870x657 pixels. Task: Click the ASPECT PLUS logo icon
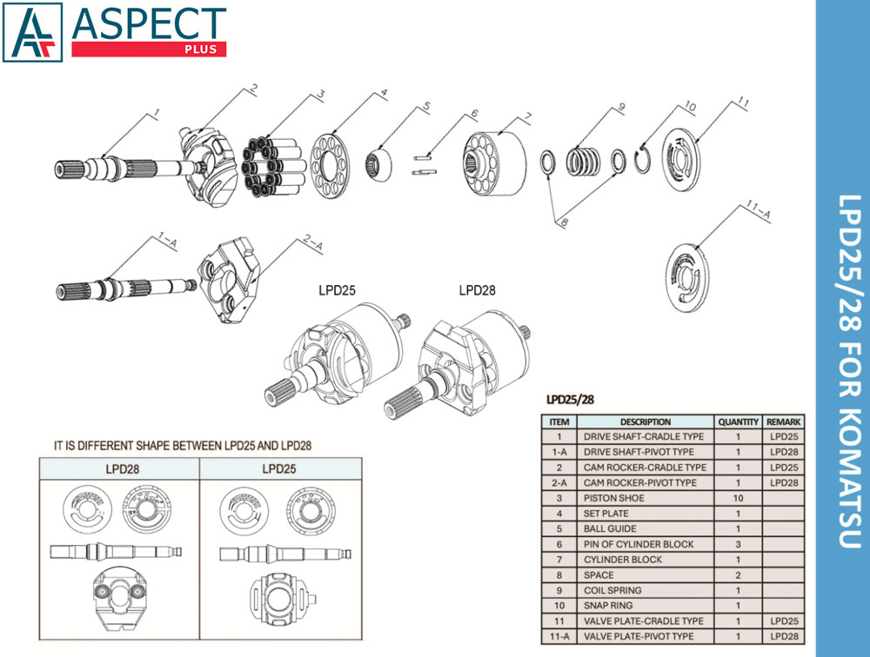pos(33,32)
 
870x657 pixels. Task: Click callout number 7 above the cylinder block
pos(528,117)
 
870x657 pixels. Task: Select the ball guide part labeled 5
pos(378,163)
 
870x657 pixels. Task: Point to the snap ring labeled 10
pos(643,159)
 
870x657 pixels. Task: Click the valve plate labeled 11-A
pos(687,274)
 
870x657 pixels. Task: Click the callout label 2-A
pos(313,243)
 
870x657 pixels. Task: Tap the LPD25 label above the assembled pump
pos(337,290)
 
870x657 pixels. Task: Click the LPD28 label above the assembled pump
pos(477,290)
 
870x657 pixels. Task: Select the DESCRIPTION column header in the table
pos(646,421)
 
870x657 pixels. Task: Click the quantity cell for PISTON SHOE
pos(738,498)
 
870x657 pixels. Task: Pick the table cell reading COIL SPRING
pos(612,590)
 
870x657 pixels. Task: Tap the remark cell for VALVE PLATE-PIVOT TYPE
pos(784,636)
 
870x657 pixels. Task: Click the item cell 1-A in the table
pos(559,452)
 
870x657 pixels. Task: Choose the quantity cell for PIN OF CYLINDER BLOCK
pos(738,544)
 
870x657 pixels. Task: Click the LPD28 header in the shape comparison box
pos(122,469)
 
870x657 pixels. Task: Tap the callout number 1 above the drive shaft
pos(157,114)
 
